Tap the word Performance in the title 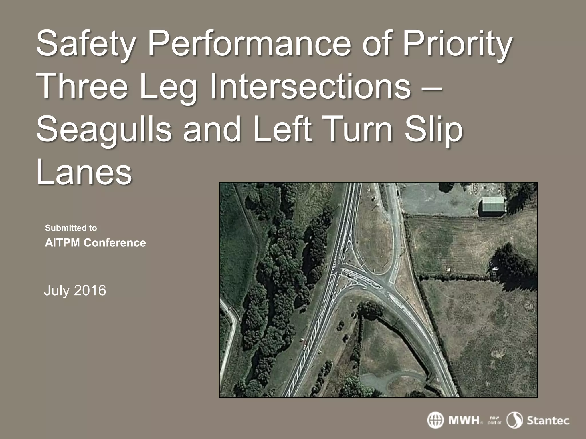(x=249, y=43)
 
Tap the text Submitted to (x=71, y=228)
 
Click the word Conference (x=115, y=243)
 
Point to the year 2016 (x=90, y=290)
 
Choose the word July (x=57, y=290)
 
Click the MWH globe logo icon (x=435, y=420)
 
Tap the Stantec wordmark (x=548, y=420)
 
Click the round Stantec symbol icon (x=515, y=420)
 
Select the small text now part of (x=494, y=420)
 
